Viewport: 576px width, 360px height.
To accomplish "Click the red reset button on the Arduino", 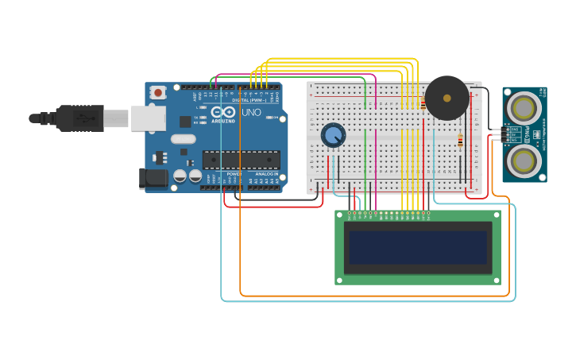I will (157, 92).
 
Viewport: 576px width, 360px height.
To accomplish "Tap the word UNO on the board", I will (251, 113).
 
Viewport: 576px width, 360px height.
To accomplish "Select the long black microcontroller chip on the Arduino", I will (241, 160).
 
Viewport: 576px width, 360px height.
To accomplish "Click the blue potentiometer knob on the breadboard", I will (333, 135).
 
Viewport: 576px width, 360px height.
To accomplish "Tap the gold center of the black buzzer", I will (446, 98).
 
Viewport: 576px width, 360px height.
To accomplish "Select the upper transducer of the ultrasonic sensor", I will (524, 106).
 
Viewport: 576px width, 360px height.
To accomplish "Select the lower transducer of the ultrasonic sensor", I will (524, 161).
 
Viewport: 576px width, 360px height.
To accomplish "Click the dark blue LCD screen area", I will (417, 247).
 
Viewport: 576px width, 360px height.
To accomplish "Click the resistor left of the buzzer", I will (423, 102).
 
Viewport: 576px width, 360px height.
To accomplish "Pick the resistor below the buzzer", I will (460, 141).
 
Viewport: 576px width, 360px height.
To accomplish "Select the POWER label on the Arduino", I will (234, 173).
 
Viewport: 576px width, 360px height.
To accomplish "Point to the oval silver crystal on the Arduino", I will (183, 140).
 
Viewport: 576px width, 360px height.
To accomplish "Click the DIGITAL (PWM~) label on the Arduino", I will (249, 100).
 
